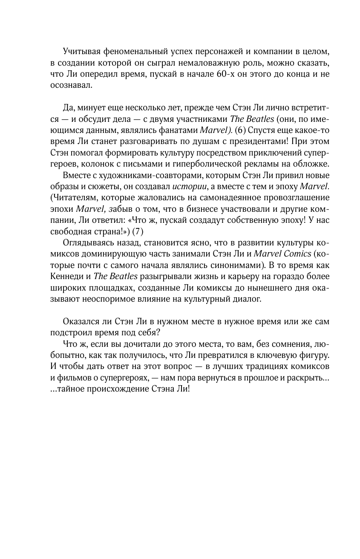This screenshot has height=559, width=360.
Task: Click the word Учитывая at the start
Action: click(80, 52)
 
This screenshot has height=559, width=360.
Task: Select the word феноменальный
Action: click(133, 52)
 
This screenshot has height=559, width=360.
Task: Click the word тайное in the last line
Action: click(72, 389)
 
